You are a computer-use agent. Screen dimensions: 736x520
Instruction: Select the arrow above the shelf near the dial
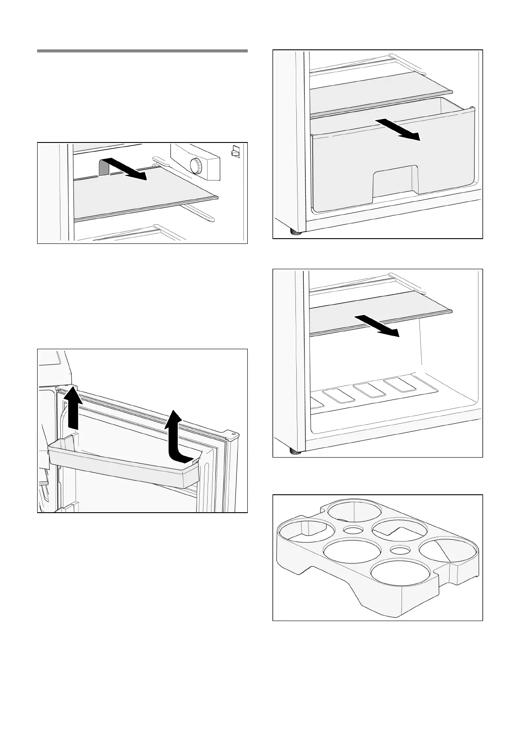click(x=125, y=168)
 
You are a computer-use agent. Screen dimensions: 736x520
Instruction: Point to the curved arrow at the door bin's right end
click(x=177, y=437)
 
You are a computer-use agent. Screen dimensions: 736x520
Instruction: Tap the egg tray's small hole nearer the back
click(x=353, y=530)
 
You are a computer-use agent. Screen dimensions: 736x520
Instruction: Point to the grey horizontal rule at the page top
click(x=142, y=51)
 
